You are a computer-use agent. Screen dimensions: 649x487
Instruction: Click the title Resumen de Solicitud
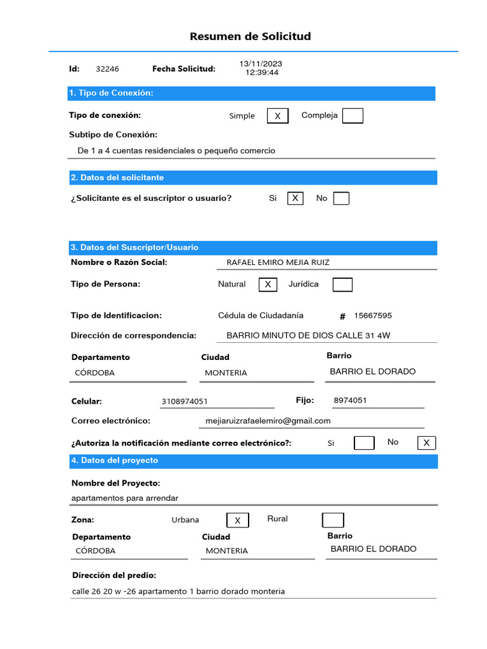[x=250, y=36]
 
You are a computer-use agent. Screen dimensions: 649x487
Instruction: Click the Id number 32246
[x=107, y=69]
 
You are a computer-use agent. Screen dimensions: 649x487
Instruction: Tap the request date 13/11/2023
[x=261, y=64]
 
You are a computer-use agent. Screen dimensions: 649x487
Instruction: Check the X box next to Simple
[x=277, y=116]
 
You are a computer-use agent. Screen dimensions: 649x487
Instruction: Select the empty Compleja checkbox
[x=353, y=115]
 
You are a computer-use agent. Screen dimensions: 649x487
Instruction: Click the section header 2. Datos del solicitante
[x=117, y=177]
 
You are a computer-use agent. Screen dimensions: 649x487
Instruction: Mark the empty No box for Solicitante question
[x=341, y=198]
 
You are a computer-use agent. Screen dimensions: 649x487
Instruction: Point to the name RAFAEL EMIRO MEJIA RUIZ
[x=278, y=262]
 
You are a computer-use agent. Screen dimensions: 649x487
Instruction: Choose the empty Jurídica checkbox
[x=342, y=285]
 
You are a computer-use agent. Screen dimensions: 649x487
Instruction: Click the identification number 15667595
[x=373, y=316]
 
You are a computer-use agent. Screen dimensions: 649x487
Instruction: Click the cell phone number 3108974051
[x=185, y=401]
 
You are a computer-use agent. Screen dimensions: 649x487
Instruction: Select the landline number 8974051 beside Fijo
[x=350, y=401]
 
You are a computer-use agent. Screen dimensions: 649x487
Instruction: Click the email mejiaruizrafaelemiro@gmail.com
[x=268, y=421]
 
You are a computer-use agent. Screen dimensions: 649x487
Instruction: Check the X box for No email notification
[x=426, y=443]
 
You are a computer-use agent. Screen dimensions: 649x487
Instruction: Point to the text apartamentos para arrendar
[x=125, y=498]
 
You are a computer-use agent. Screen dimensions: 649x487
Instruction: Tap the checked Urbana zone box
[x=237, y=520]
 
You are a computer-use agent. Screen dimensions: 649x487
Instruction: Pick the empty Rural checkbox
[x=333, y=520]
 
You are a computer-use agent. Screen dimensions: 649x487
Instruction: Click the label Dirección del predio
[x=114, y=575]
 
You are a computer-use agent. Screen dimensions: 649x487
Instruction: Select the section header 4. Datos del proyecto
[x=115, y=460]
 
